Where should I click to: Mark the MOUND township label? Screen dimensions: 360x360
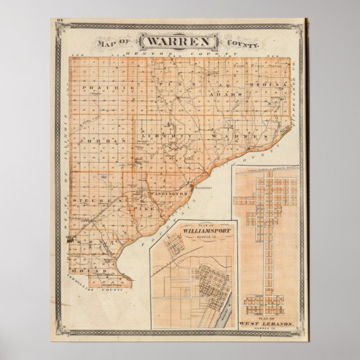(95, 270)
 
